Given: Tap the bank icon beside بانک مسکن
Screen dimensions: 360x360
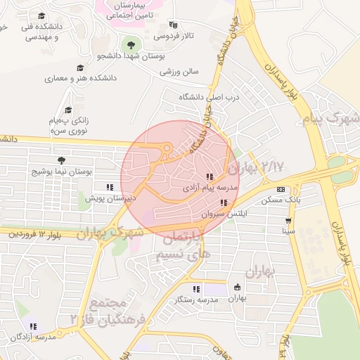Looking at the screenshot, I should coord(281,189).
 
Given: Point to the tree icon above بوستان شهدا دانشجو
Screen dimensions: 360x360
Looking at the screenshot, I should coord(131,45).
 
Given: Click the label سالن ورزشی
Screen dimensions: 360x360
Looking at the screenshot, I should coord(179,71).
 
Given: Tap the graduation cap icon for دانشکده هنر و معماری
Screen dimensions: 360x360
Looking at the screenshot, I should coord(80,68).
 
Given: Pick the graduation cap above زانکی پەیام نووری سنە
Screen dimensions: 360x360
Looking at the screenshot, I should coord(68,110).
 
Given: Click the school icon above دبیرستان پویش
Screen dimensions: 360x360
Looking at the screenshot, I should coord(109,187).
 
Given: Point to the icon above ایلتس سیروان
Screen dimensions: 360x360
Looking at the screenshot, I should coord(224,202).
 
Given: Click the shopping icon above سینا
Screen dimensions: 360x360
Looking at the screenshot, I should coord(288,220).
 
